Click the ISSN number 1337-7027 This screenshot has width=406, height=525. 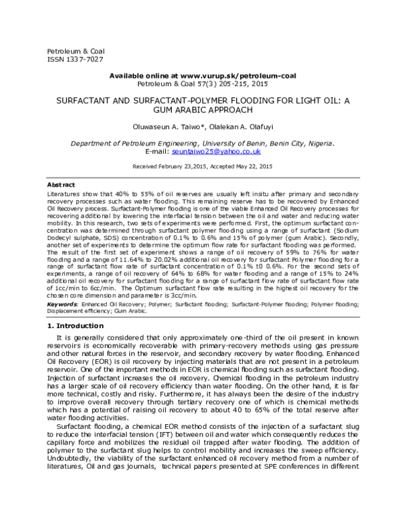(x=78, y=59)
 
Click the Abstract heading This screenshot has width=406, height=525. (x=61, y=185)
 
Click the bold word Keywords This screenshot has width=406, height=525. (x=62, y=306)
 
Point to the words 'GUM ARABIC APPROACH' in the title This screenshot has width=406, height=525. (x=203, y=108)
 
